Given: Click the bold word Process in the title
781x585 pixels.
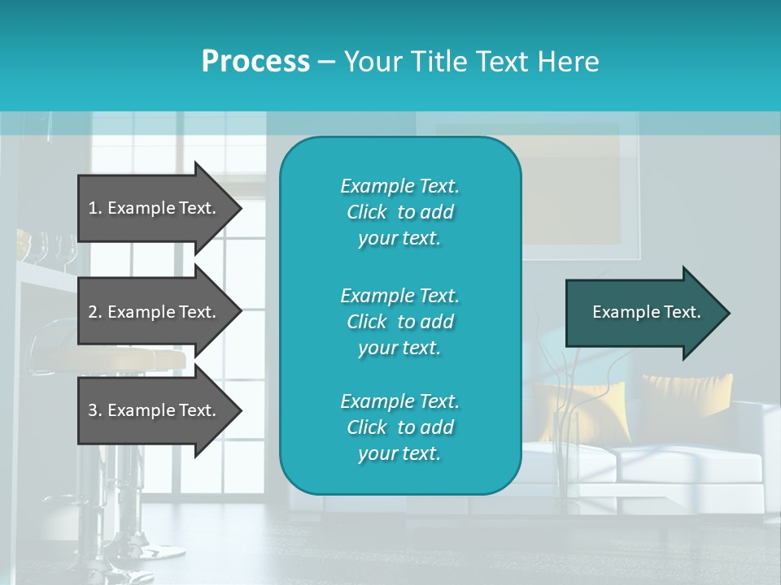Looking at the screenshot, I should (x=255, y=62).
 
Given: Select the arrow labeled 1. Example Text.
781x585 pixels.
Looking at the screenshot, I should (x=153, y=208).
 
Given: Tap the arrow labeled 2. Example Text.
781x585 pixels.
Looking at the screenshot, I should (x=153, y=312).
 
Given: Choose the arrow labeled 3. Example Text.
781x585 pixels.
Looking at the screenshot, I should (x=153, y=410).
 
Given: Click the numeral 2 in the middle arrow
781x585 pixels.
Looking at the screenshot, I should (x=93, y=312).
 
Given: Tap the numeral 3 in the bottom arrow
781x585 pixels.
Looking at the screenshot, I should (x=93, y=410).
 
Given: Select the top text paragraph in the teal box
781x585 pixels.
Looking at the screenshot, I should (x=399, y=212).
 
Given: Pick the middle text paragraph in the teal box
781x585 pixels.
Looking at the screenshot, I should (x=399, y=321).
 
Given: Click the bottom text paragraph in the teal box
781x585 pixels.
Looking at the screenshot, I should (x=399, y=427).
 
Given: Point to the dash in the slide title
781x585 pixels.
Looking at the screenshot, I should (x=326, y=63).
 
